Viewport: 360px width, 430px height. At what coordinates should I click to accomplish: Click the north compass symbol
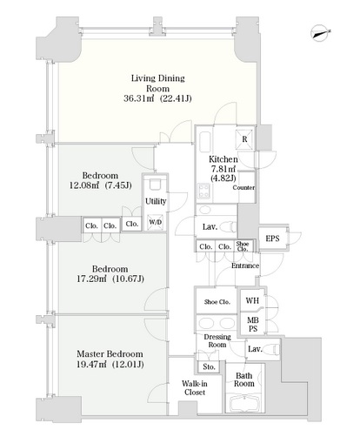(321, 33)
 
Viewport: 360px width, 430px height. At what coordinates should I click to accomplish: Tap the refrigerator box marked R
(244, 139)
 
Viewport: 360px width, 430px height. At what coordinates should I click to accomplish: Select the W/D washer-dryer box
(155, 222)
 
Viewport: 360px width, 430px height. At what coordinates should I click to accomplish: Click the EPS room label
(272, 239)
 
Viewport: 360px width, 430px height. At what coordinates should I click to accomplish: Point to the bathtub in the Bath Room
(245, 403)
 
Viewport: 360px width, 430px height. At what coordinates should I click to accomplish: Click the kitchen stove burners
(203, 191)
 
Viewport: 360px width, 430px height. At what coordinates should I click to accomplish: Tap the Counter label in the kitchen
(243, 188)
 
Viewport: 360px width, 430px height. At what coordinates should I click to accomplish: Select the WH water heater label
(252, 300)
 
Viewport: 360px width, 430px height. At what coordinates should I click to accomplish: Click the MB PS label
(253, 325)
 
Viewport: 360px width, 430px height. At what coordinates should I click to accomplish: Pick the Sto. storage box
(209, 366)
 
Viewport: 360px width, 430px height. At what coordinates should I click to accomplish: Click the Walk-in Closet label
(195, 388)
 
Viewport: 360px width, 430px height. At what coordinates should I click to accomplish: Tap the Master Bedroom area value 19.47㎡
(91, 364)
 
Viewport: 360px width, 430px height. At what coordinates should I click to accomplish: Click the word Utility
(156, 201)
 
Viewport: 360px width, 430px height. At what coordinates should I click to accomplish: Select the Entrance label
(245, 265)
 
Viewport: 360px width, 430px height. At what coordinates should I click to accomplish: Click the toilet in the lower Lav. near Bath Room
(272, 348)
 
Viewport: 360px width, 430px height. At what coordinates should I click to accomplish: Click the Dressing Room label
(217, 340)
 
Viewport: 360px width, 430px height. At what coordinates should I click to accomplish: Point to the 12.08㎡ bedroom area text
(84, 185)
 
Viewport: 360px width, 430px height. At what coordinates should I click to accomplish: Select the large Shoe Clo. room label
(217, 302)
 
